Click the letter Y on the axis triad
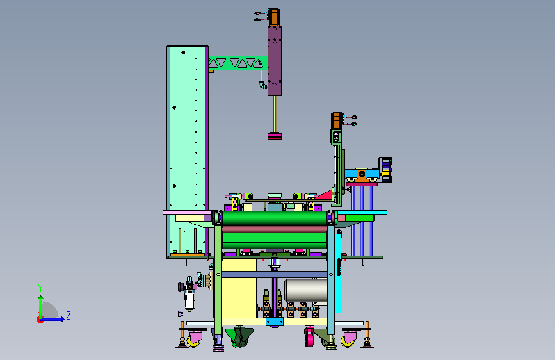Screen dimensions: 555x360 [40, 288]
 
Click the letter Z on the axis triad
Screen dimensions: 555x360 [68, 315]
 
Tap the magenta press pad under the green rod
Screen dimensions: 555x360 [275, 136]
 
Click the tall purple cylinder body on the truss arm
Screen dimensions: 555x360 [275, 61]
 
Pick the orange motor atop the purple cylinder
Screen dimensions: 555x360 [275, 17]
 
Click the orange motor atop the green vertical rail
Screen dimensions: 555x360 [337, 121]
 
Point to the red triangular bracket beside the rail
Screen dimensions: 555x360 [324, 195]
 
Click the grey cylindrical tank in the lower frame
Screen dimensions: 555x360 [306, 290]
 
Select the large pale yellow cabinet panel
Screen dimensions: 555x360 [239, 288]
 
